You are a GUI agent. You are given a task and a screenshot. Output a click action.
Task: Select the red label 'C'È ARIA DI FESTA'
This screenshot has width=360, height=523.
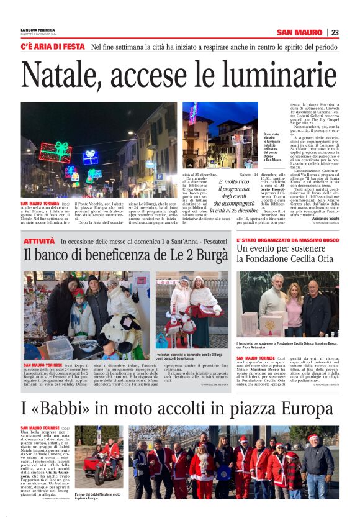52,47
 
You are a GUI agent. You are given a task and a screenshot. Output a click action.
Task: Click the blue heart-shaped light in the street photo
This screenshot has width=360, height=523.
91,156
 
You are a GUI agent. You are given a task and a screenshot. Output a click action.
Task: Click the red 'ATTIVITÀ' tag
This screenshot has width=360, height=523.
38,240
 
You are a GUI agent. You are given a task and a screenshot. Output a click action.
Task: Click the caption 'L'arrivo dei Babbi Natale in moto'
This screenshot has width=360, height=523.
99,495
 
